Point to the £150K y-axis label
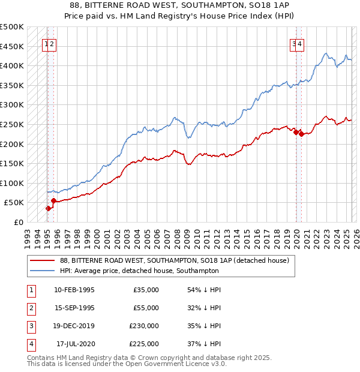12,163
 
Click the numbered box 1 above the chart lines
46,43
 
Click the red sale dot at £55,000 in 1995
54,201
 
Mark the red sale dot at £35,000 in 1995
48,209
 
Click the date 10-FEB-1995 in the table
74,290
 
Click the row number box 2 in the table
30,308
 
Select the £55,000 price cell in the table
146,308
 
